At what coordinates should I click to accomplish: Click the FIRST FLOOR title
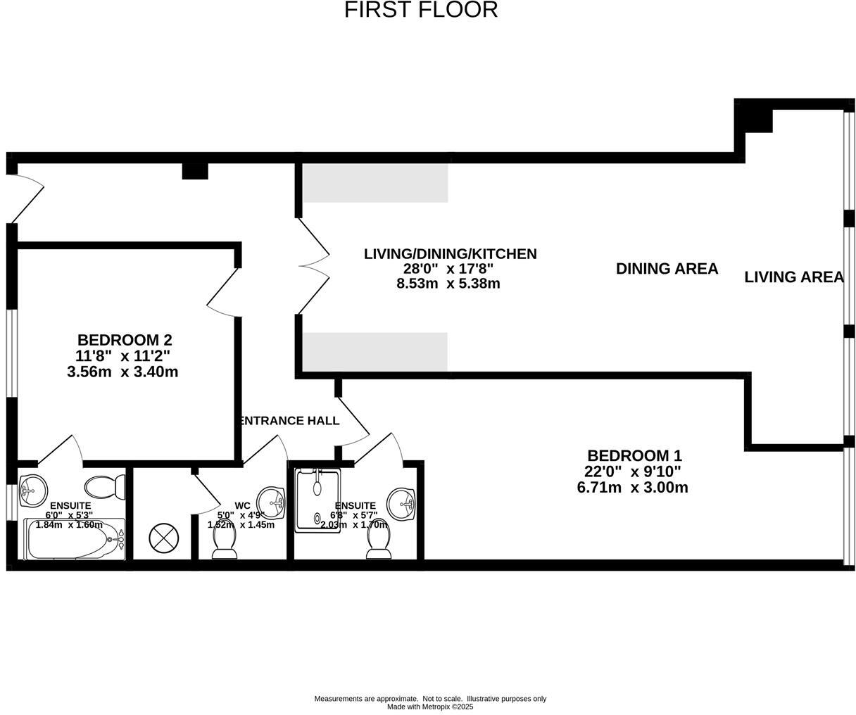(x=421, y=10)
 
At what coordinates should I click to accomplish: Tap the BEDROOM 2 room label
(x=125, y=340)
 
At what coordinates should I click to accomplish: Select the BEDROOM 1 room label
(x=634, y=455)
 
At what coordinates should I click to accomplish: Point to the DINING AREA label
(x=667, y=268)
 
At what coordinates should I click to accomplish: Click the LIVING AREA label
(x=793, y=277)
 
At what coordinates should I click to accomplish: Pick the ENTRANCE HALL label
(x=289, y=421)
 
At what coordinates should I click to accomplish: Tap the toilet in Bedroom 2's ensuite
(x=105, y=486)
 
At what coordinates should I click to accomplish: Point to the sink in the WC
(x=272, y=502)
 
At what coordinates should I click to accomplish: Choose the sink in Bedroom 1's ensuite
(x=402, y=502)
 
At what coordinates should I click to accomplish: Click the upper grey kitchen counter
(x=375, y=183)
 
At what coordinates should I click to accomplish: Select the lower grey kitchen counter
(x=375, y=351)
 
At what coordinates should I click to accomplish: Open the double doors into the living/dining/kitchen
(x=313, y=265)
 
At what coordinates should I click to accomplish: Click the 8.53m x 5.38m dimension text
(x=448, y=284)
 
